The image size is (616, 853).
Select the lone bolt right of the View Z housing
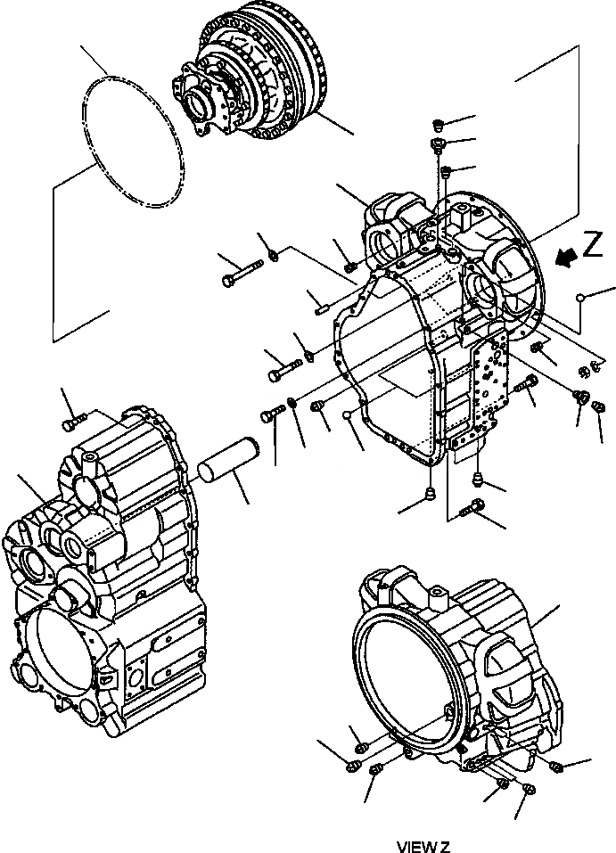tap(557, 766)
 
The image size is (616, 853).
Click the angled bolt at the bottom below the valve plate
tap(473, 508)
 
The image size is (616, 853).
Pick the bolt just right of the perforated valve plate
tap(526, 385)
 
